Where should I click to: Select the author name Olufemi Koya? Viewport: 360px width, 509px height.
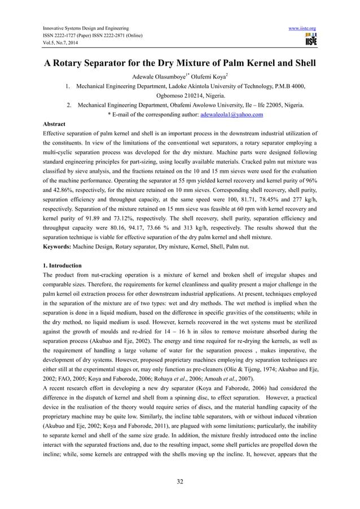tap(212, 77)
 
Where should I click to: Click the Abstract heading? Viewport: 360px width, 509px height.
tap(54, 124)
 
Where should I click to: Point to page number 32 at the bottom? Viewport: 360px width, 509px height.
tap(180, 481)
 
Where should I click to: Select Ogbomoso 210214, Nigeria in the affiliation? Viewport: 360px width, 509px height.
tap(179, 96)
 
